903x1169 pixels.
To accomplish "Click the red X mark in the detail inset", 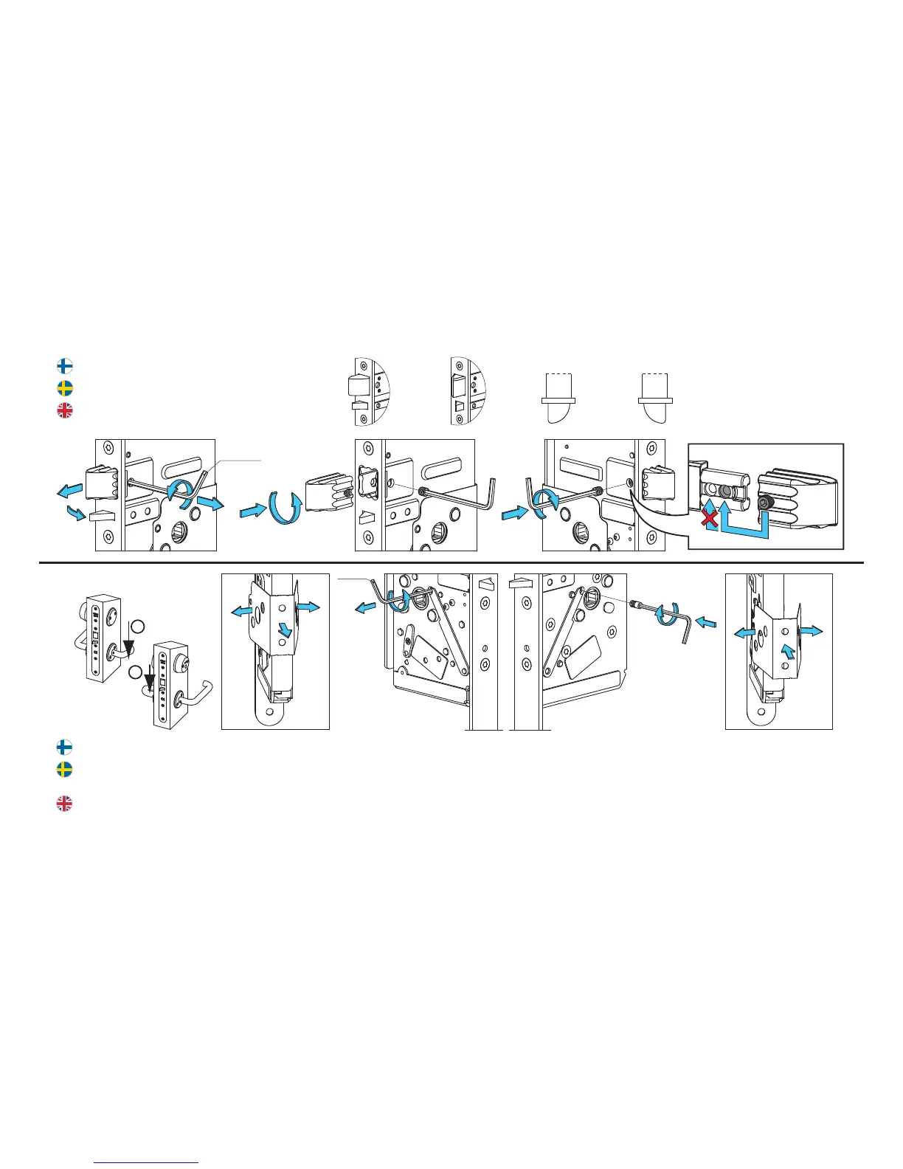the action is (x=709, y=520).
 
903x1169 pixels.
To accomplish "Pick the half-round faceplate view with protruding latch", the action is (x=368, y=391).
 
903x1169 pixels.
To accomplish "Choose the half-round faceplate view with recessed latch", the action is (x=468, y=391).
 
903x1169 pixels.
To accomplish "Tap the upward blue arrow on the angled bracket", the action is (x=789, y=651).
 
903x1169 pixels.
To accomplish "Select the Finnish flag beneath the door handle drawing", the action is (x=65, y=748).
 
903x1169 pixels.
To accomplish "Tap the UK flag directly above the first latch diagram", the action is (x=65, y=410).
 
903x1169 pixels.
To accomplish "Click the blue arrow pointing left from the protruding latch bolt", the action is (x=69, y=491).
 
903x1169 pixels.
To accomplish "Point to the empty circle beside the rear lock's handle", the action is (x=135, y=626).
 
